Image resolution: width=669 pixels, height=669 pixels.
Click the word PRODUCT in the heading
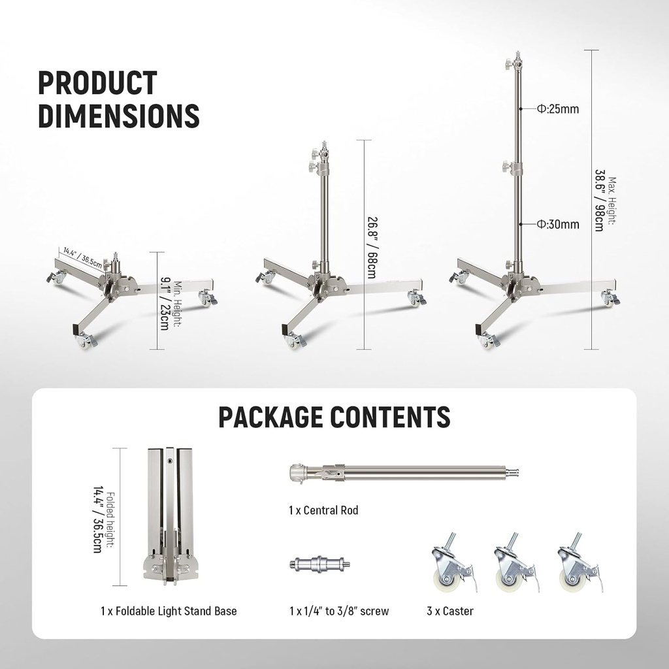[x=97, y=84]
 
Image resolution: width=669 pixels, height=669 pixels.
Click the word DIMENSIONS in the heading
[x=118, y=115]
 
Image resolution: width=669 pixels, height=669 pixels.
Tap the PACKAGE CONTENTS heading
[x=334, y=416]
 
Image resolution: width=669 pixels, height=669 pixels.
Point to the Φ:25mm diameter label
[x=558, y=109]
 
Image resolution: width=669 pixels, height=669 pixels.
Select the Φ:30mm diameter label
[x=558, y=225]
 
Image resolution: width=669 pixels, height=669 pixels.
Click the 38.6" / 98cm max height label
[x=605, y=200]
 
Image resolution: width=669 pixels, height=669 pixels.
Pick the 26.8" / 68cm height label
[x=370, y=246]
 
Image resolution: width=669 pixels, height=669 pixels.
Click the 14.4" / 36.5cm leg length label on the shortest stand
[x=81, y=257]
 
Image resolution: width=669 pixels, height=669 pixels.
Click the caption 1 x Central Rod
[x=323, y=510]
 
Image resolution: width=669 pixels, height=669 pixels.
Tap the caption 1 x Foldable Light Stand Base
[x=169, y=611]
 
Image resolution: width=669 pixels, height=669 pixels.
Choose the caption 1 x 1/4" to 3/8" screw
[x=338, y=611]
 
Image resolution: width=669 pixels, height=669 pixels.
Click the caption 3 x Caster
[x=449, y=611]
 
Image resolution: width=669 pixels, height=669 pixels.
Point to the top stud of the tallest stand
[x=517, y=54]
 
